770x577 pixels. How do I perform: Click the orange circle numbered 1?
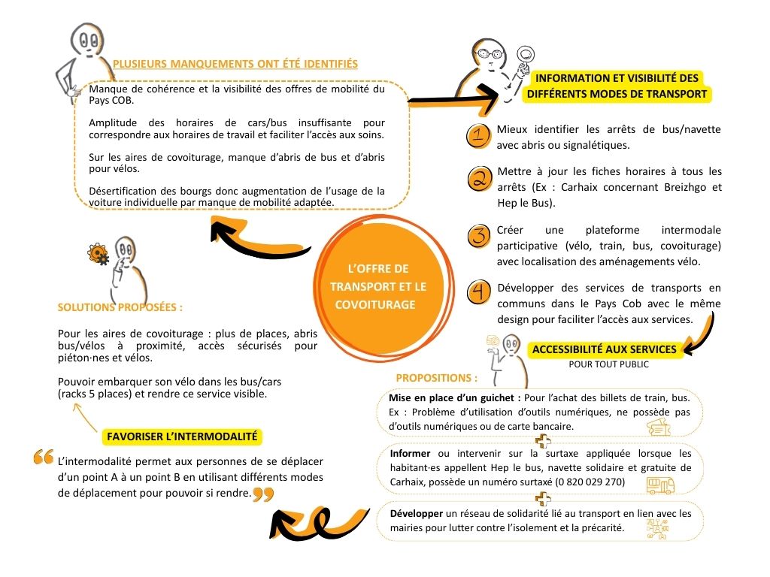click(x=478, y=136)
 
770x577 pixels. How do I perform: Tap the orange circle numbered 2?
click(x=478, y=179)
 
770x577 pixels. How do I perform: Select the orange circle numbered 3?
click(x=478, y=236)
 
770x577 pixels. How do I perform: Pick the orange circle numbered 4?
click(x=478, y=292)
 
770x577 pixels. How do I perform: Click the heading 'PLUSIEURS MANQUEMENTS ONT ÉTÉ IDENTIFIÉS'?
click(x=235, y=64)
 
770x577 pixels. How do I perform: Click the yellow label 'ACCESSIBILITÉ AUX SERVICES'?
click(x=604, y=349)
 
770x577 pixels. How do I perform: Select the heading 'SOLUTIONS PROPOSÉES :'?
click(x=120, y=307)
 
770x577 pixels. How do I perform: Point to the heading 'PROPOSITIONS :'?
click(x=436, y=378)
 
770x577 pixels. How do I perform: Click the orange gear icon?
click(x=98, y=255)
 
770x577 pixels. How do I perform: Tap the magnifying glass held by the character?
click(x=526, y=55)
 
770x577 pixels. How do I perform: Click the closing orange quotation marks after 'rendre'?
click(x=262, y=494)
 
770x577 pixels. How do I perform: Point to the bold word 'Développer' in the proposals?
click(x=417, y=514)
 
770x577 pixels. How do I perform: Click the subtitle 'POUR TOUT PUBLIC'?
click(x=608, y=364)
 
